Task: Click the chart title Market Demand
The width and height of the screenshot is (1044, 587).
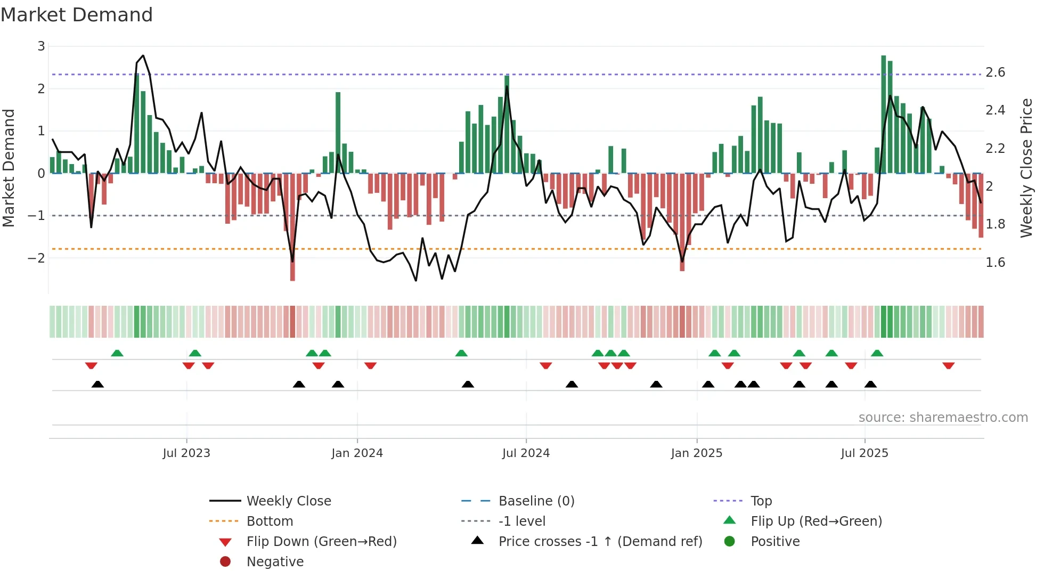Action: point(77,15)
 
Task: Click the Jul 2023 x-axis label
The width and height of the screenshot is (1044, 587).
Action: point(186,453)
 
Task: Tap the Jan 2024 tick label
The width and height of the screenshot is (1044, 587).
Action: point(357,453)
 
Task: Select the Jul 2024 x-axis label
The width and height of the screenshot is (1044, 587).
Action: point(526,453)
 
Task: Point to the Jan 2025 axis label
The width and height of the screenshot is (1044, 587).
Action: point(696,453)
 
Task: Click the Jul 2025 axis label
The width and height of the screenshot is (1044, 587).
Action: point(864,453)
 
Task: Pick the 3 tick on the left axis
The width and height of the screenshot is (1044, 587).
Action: point(41,46)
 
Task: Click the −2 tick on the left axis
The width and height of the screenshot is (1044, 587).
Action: point(37,258)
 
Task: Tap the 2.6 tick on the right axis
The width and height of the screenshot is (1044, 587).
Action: point(995,72)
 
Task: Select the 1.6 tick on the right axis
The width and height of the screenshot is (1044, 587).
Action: point(995,263)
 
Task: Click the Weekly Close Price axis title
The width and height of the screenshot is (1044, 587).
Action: point(1026,168)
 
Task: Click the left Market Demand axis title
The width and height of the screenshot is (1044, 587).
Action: point(9,168)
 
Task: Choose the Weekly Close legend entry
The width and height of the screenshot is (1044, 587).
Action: point(288,501)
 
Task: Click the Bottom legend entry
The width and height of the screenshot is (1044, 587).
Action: point(270,521)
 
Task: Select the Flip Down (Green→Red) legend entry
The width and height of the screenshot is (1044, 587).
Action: point(321,542)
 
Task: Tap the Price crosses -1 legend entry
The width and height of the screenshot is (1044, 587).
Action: point(600,542)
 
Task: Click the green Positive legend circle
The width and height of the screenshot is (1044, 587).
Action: point(730,542)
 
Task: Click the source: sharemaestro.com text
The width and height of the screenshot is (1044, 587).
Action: point(943,418)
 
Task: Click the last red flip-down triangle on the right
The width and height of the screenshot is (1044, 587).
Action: point(948,365)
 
